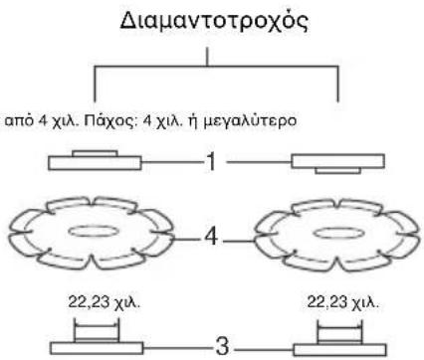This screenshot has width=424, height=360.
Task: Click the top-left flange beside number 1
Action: point(96,160)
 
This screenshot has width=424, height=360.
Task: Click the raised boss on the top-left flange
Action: point(96,152)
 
